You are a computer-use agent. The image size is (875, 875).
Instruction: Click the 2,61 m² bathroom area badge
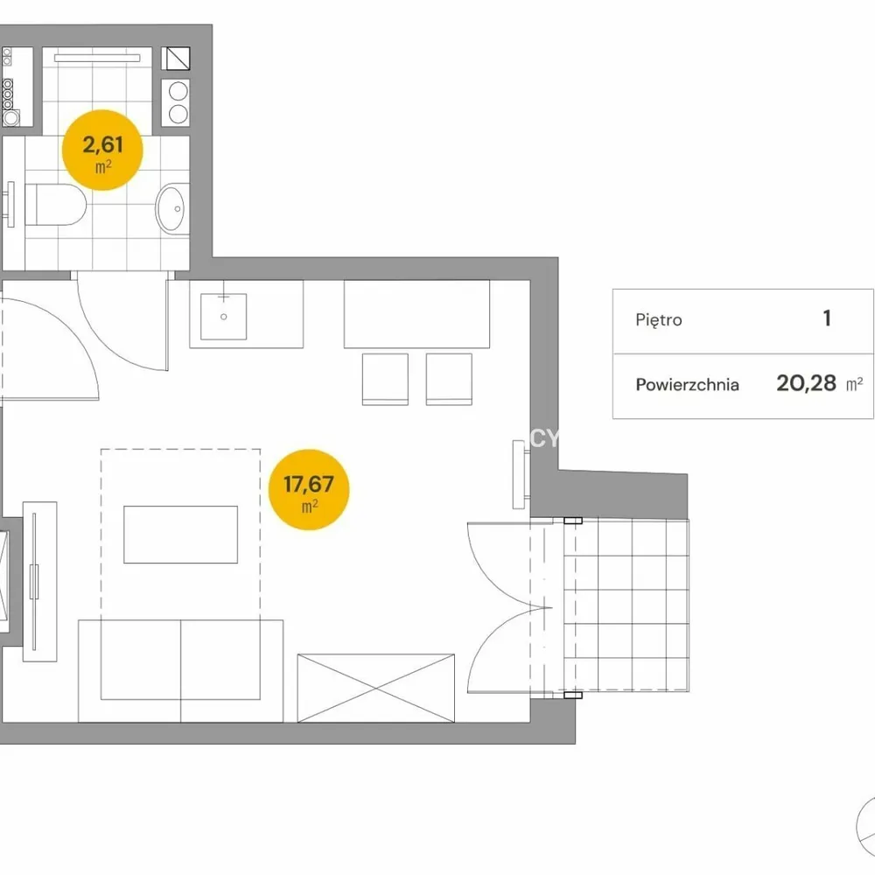[102, 150]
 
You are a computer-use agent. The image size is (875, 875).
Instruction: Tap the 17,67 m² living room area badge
[309, 489]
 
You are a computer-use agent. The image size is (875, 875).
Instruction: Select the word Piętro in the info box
[659, 320]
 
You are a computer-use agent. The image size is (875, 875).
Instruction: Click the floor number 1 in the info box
[827, 318]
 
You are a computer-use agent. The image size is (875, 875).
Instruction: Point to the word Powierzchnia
[688, 384]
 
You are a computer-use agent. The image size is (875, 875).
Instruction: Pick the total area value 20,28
[807, 383]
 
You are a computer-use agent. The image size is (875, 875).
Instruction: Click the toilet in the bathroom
[56, 205]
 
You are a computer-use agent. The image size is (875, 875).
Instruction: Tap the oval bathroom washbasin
[171, 209]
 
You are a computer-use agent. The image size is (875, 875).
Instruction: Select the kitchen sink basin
[224, 317]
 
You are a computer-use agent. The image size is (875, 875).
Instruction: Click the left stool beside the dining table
[385, 379]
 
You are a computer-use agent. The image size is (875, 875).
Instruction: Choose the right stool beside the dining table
[449, 379]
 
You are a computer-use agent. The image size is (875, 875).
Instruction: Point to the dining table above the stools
[416, 314]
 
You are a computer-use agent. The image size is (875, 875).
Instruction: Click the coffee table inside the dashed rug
[181, 535]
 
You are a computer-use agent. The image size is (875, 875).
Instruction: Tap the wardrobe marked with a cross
[376, 688]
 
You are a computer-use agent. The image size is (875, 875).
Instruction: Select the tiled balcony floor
[626, 605]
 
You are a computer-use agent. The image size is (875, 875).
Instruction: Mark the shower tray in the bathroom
[97, 92]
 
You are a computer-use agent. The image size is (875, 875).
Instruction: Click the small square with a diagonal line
[176, 59]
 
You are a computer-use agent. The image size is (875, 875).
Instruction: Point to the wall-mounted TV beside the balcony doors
[519, 474]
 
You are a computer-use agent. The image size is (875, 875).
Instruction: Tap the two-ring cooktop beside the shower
[176, 102]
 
